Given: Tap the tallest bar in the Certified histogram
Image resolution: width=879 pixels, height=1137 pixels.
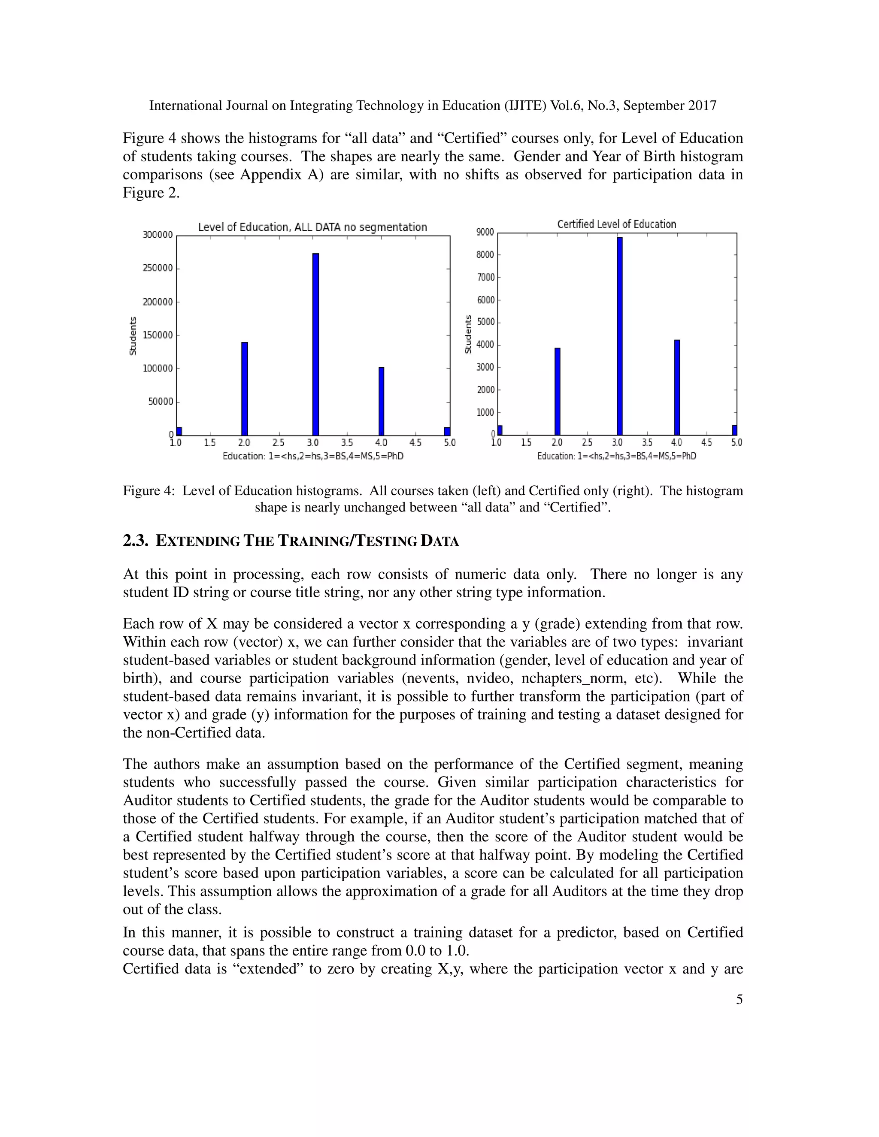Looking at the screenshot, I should tap(620, 336).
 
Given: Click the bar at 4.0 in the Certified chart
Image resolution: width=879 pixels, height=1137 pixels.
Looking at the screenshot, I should tap(677, 387).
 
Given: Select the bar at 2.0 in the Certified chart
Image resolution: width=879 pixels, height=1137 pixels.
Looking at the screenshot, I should tap(557, 391).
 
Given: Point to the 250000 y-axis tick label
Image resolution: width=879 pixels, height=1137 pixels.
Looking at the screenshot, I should tap(157, 268).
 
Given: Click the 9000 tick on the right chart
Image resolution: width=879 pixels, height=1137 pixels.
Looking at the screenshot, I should tap(485, 232).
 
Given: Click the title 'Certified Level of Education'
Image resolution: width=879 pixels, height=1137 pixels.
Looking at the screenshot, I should tap(617, 224).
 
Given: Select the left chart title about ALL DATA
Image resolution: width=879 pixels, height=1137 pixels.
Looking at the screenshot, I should tap(312, 227).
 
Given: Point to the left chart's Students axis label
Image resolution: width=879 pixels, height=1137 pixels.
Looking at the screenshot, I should tap(133, 336).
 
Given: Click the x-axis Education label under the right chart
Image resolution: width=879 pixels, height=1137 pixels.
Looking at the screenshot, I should tap(617, 456).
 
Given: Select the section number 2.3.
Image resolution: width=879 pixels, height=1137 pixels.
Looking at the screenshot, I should tap(135, 541).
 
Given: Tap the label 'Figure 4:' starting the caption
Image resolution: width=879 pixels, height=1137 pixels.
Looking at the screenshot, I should tap(149, 491).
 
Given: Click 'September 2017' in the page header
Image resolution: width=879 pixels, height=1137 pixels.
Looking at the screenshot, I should tap(670, 106).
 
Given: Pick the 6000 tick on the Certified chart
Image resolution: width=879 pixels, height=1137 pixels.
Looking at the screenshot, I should tap(485, 300).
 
